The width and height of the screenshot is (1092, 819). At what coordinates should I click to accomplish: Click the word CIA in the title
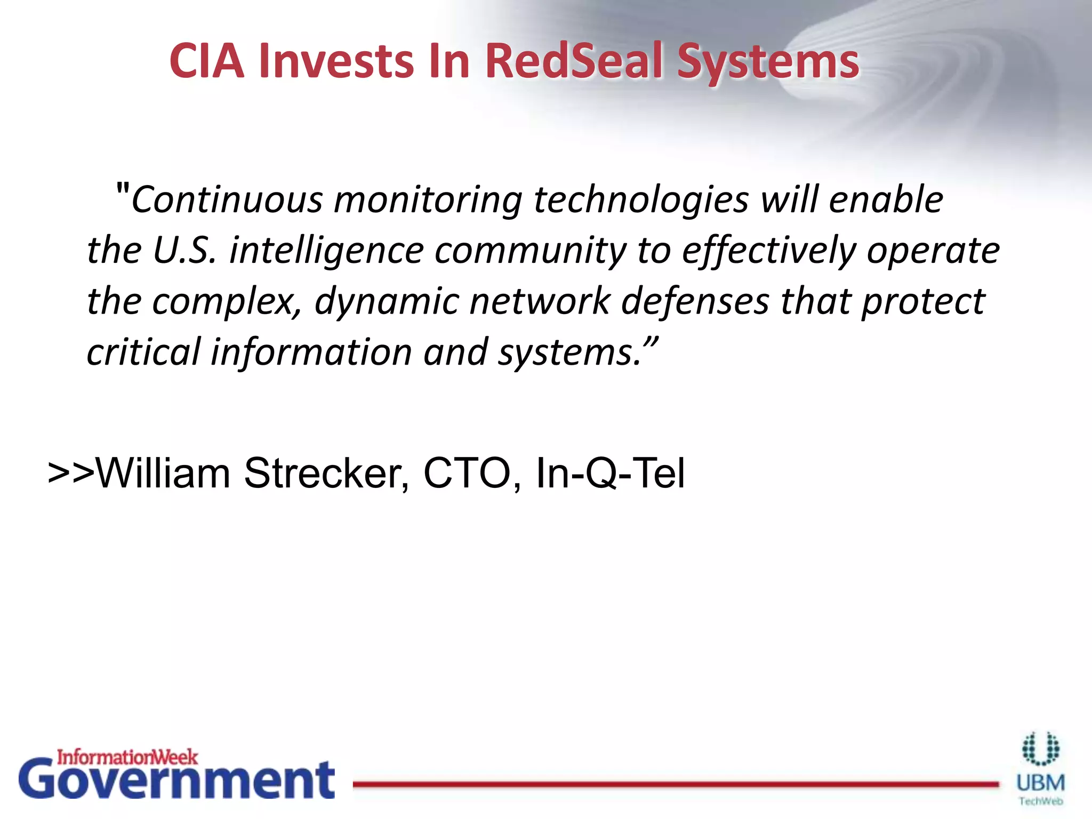(207, 61)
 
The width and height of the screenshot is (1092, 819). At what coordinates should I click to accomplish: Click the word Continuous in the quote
(227, 200)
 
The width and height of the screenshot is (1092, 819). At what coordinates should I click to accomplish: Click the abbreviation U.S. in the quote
(184, 250)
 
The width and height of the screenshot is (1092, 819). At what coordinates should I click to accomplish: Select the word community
(531, 251)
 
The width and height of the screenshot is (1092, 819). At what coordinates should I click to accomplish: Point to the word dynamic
(386, 302)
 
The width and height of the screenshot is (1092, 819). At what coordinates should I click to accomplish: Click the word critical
(143, 352)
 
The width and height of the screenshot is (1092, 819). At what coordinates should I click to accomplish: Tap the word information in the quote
(311, 352)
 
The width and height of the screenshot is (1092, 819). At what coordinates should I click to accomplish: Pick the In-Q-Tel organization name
(610, 473)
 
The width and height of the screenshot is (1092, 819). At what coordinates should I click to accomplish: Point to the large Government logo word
(176, 781)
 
